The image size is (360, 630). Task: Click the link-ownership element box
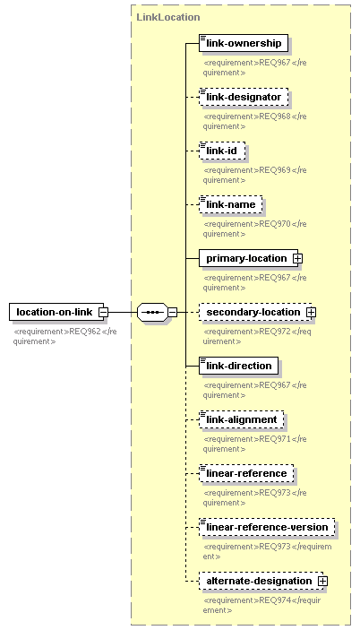point(244,43)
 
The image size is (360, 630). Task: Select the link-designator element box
point(244,97)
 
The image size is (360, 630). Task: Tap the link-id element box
point(222,151)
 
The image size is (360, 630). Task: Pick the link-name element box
point(231,204)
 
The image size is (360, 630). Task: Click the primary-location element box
point(248,258)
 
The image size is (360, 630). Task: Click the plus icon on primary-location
point(297,259)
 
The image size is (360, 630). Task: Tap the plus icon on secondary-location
point(311,313)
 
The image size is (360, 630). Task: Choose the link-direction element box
point(239,366)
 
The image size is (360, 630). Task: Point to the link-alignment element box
point(242,420)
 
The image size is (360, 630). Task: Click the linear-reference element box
point(246,474)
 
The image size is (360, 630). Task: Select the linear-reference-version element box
point(267,528)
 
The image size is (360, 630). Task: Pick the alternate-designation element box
point(261,582)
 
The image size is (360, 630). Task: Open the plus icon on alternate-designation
point(322,582)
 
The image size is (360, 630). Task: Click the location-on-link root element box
point(56,312)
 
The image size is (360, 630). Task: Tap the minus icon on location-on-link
point(103,313)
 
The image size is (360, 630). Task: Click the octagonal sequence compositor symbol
point(152,312)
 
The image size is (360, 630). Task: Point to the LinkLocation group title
point(168,17)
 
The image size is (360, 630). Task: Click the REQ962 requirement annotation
point(65,336)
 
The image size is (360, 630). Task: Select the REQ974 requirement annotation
point(262,605)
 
